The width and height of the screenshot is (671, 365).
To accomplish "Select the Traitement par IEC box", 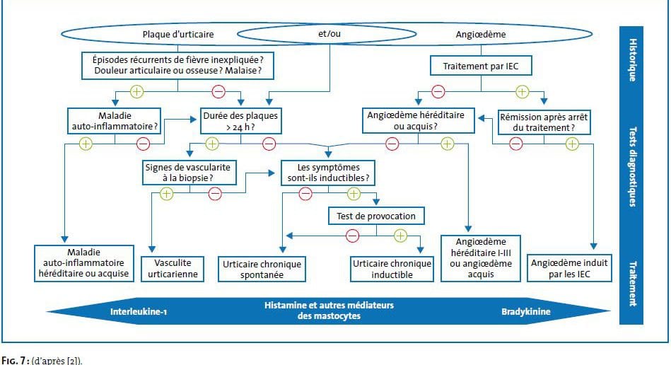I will [x=482, y=67].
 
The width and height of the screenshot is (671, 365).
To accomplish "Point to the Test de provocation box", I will [x=376, y=215].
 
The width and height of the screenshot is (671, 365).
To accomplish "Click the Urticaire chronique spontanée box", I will [x=262, y=269].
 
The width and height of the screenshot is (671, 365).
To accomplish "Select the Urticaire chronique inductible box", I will [x=391, y=269].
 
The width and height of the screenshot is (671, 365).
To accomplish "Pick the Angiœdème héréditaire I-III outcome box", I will [x=481, y=257].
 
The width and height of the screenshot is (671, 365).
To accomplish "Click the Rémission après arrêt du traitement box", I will [x=536, y=122].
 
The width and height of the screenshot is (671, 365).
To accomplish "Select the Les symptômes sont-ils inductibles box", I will [x=328, y=171].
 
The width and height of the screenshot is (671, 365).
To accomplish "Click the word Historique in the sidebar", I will [x=631, y=60].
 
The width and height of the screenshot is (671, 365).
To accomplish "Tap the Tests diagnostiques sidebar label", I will [x=631, y=166].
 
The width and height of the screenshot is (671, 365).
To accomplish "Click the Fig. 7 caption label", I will [x=18, y=359].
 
